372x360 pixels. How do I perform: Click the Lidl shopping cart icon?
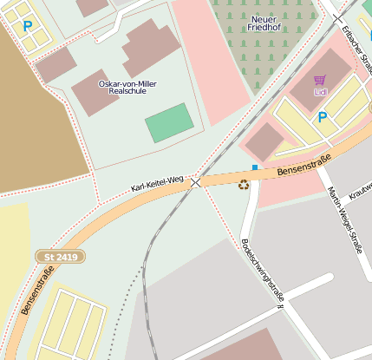(319, 80)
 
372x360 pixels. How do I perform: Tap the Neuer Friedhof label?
(267, 23)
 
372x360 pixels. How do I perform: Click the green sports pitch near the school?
(168, 122)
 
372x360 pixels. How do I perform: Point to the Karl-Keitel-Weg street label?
(158, 182)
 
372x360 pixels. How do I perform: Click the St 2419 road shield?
(55, 257)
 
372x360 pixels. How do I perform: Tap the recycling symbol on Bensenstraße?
(244, 184)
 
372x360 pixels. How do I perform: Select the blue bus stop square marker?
(255, 167)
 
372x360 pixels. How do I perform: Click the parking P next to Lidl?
(323, 117)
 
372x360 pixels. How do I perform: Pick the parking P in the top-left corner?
(28, 26)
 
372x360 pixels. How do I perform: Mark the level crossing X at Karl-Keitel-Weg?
(196, 182)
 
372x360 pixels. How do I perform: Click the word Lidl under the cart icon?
(320, 91)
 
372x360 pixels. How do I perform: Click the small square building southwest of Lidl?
(267, 140)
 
